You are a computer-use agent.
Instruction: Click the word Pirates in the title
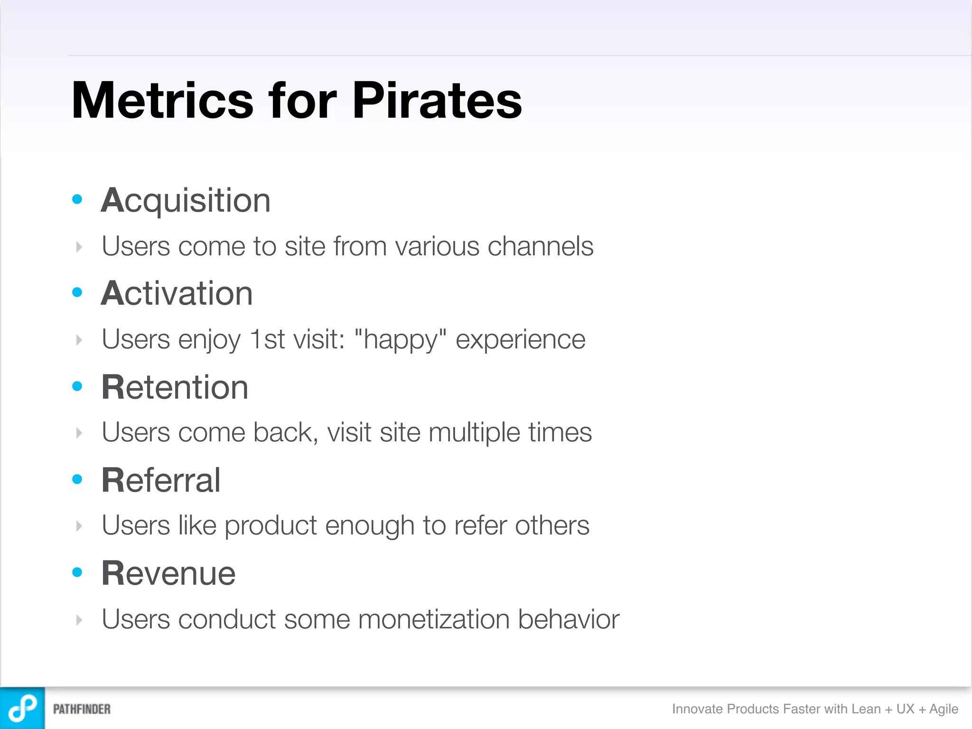click(437, 101)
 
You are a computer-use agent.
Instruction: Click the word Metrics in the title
click(162, 101)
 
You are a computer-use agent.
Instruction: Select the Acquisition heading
click(186, 201)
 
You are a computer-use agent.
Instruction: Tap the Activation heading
click(177, 293)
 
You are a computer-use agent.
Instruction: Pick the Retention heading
click(175, 387)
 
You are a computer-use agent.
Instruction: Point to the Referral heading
click(161, 480)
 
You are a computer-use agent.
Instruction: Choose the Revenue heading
click(168, 573)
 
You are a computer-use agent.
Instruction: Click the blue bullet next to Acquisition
click(77, 199)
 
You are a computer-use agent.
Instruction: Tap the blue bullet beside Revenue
click(77, 572)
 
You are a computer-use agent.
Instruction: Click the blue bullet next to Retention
click(77, 386)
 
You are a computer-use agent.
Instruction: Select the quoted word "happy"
click(401, 340)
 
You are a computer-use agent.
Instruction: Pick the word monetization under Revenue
click(434, 619)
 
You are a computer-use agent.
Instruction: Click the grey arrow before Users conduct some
click(79, 620)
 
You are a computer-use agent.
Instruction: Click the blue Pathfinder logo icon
click(22, 708)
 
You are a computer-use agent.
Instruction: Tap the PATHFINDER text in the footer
click(82, 709)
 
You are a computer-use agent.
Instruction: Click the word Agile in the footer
click(944, 709)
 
